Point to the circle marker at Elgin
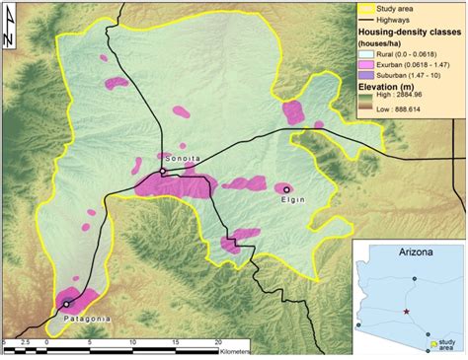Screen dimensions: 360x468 [x=286, y=188]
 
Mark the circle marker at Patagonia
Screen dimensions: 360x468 [x=65, y=304]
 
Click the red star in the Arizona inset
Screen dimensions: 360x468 [x=406, y=312]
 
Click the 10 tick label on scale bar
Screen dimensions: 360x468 [x=130, y=342]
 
